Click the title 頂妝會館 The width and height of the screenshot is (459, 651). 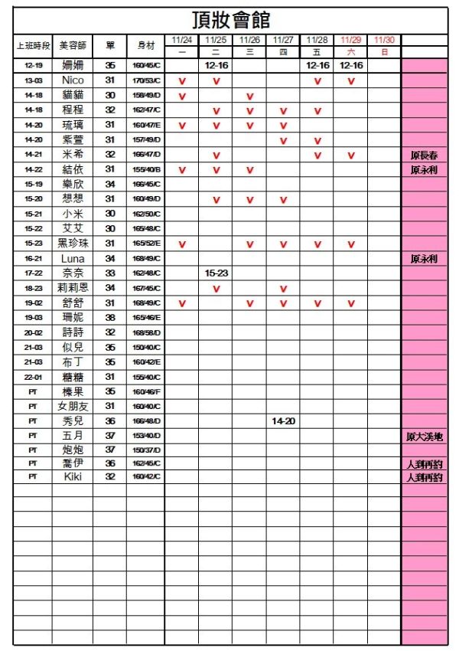coord(230,20)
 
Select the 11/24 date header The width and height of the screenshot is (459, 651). coord(182,40)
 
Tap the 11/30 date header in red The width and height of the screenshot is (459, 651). coord(384,40)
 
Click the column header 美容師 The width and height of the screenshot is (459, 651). coord(73,46)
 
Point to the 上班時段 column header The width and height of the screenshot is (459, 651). coord(33,46)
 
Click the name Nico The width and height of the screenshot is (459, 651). coord(73,80)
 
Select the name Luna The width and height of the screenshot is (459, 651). coord(73,259)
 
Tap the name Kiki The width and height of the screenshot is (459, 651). coord(73,476)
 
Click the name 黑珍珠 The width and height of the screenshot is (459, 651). coord(73,244)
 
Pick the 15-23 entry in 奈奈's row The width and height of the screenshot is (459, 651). coord(216,273)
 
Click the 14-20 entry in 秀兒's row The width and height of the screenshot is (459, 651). coord(283,421)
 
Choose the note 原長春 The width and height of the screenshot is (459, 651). coord(424,155)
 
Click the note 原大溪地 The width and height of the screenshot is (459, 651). coord(424,437)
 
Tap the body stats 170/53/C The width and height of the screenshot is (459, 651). coord(146,80)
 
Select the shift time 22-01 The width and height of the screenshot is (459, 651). coord(33,377)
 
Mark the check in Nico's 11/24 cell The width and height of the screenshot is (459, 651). coord(182,81)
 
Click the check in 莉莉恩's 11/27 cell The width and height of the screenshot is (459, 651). coord(283,289)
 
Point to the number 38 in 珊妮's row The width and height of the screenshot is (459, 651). coord(109,317)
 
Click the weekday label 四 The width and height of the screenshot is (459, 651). coord(283,52)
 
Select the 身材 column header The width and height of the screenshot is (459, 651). coord(146,46)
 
